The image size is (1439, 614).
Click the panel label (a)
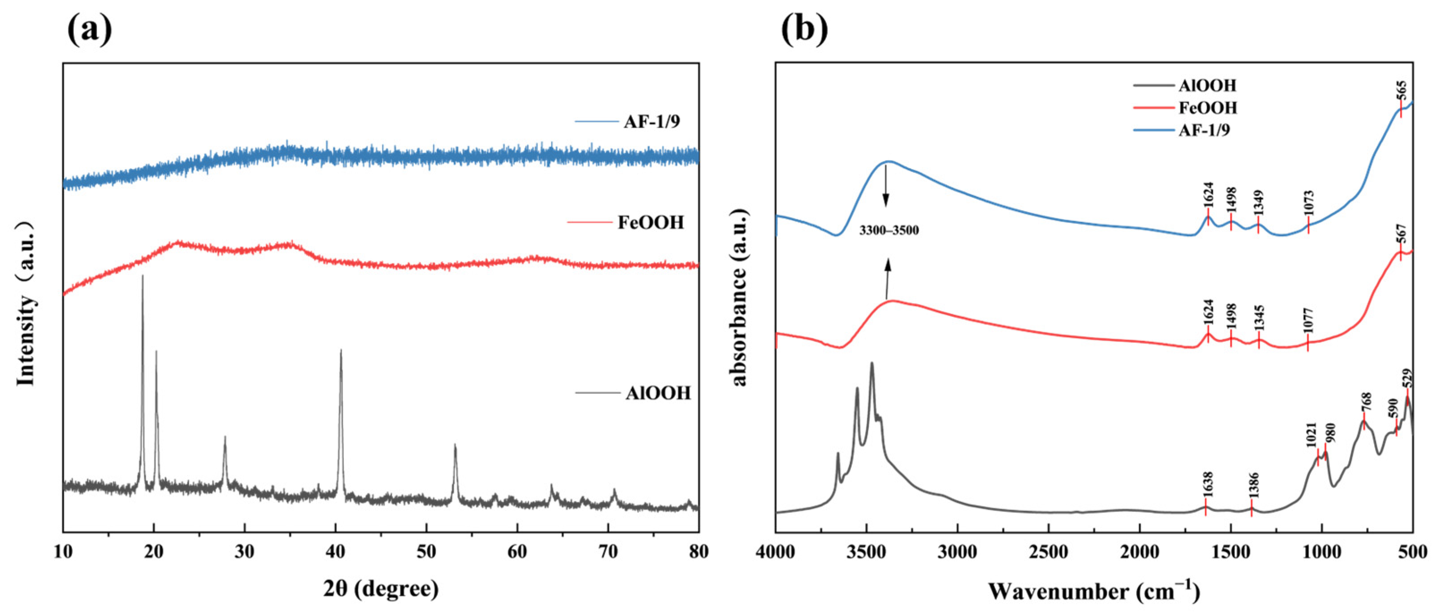tap(89, 29)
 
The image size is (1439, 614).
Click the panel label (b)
tap(804, 29)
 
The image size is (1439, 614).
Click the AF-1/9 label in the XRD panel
tap(652, 121)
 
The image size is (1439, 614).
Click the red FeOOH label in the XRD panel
tap(650, 222)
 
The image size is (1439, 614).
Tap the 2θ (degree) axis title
tap(381, 589)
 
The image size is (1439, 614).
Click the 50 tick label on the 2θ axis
tap(426, 551)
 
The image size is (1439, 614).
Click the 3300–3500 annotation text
tap(889, 230)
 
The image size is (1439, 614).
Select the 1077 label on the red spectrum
tap(1308, 320)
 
